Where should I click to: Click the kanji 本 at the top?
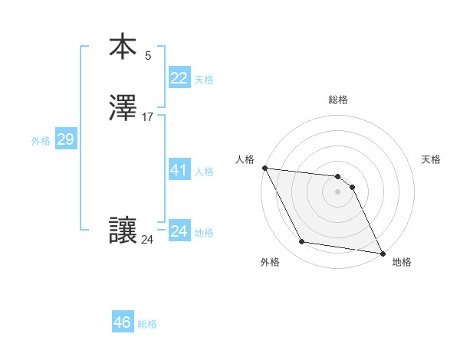pyautogui.click(x=123, y=47)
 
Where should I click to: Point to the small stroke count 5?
pyautogui.click(x=148, y=55)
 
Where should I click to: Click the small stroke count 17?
pyautogui.click(x=148, y=117)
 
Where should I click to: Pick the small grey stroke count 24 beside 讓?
pyautogui.click(x=147, y=240)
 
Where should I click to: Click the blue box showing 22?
pyautogui.click(x=179, y=78)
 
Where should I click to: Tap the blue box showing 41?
pyautogui.click(x=179, y=170)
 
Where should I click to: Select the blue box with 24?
pyautogui.click(x=179, y=231)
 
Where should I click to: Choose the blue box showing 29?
pyautogui.click(x=65, y=139)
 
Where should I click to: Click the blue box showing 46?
pyautogui.click(x=122, y=322)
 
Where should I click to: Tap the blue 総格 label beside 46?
pyautogui.click(x=147, y=324)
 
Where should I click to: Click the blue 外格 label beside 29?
pyautogui.click(x=41, y=141)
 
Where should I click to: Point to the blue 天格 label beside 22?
pyautogui.click(x=204, y=80)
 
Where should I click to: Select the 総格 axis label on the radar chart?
pyautogui.click(x=338, y=100)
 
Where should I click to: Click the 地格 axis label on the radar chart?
pyautogui.click(x=402, y=263)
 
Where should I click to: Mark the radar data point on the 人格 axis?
pyautogui.click(x=264, y=168)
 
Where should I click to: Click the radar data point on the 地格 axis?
pyautogui.click(x=382, y=253)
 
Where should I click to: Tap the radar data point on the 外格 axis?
pyautogui.click(x=301, y=243)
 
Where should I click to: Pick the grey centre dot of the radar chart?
pyautogui.click(x=338, y=191)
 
